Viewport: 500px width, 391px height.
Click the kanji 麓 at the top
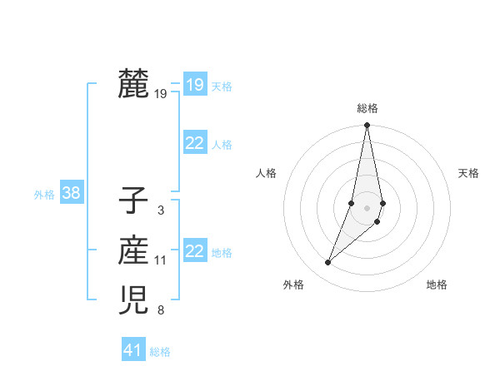(133, 83)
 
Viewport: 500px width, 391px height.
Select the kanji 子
(133, 200)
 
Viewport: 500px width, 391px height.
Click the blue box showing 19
(194, 84)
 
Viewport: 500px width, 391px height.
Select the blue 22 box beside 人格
(194, 143)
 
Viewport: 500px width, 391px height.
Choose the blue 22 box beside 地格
(194, 251)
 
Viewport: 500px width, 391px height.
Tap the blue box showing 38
(71, 194)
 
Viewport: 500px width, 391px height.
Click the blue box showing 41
(133, 350)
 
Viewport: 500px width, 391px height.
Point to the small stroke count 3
(160, 210)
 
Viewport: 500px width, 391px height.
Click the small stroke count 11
(160, 260)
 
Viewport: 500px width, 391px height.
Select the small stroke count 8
(160, 311)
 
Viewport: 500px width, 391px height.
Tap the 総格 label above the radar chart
(367, 108)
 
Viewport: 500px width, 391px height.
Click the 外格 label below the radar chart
(293, 285)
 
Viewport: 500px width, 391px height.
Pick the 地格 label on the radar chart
(437, 285)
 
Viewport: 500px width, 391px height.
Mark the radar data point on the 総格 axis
(367, 126)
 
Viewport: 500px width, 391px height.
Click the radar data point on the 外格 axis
(327, 263)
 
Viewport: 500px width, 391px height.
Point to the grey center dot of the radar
(367, 207)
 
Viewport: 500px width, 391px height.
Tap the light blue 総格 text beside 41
(160, 352)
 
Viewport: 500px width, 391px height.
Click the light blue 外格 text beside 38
(44, 195)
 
